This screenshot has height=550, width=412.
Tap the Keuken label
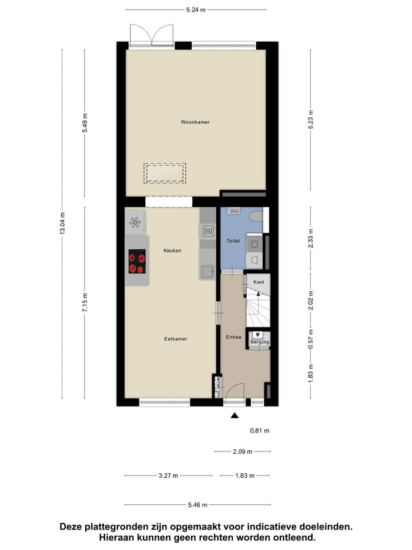point(172,250)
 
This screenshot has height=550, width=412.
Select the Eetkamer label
point(176,339)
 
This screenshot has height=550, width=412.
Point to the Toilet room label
point(233,241)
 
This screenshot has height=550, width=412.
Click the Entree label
point(233,337)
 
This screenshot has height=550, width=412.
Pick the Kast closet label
point(258,282)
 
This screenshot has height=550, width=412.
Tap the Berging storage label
point(259,342)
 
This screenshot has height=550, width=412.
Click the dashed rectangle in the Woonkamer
point(165,172)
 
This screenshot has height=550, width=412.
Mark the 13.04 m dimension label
point(62,223)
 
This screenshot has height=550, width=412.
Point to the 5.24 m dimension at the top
point(196,10)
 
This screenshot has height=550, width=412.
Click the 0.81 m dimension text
point(259,430)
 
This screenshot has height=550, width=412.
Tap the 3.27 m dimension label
point(168,476)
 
